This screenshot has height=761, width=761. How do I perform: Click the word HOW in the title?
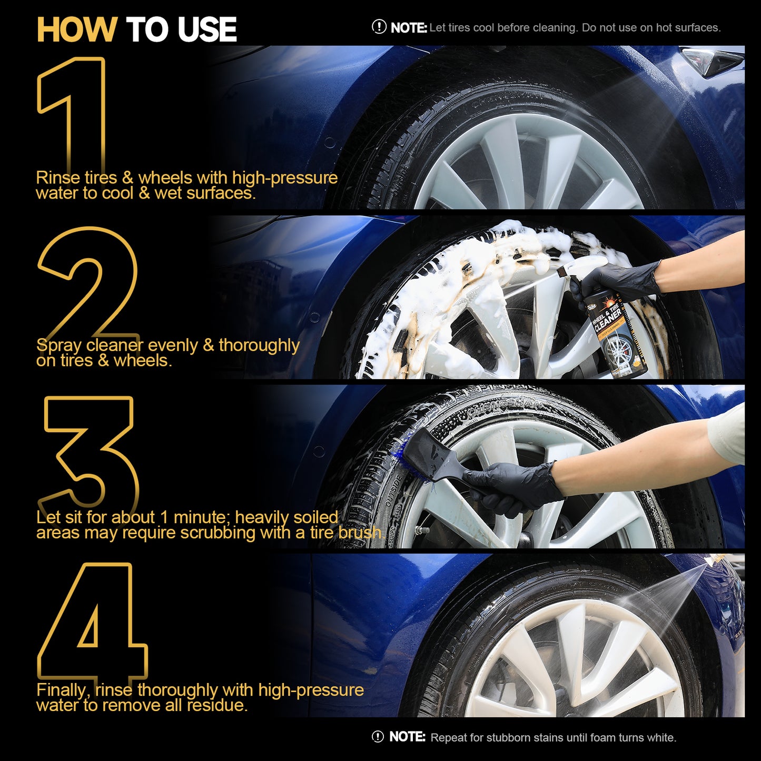click(76, 29)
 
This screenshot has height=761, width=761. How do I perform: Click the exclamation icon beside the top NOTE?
click(379, 27)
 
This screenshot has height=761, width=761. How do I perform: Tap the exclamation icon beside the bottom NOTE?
click(378, 737)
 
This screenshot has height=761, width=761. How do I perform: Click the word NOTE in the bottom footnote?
click(407, 737)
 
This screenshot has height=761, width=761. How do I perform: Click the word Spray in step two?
click(59, 346)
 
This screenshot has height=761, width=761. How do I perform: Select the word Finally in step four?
click(63, 690)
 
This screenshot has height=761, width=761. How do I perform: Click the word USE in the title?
click(207, 29)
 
